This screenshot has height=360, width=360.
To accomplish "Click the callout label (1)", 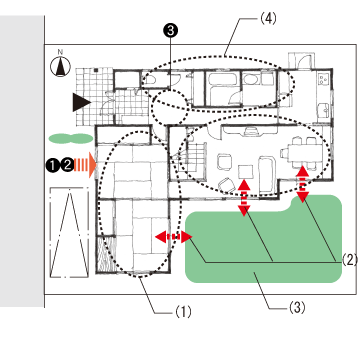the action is coord(183,312).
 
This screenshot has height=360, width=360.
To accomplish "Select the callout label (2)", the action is coord(350,259).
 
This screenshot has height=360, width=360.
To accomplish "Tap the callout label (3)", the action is coord(296,308).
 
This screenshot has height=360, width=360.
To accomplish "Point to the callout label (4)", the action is coord(268,19).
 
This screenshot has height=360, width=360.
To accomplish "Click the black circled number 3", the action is coord(170,31).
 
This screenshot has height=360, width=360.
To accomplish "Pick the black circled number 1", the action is coord(53,165).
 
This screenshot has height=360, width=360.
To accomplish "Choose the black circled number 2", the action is coord(67,165).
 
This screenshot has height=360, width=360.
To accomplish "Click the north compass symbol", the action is coord(60,64).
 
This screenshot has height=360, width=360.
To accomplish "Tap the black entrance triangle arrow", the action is coord(82,102).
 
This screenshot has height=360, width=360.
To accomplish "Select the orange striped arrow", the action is coord(85,165).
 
